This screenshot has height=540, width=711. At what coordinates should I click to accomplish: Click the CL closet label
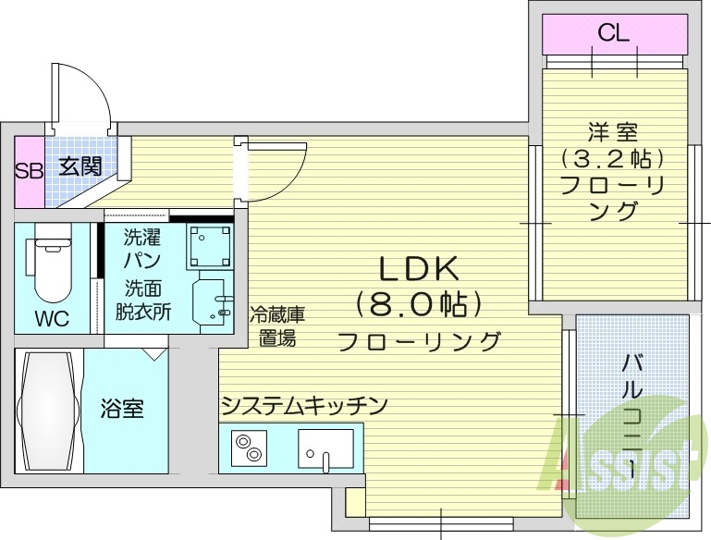pyautogui.click(x=613, y=34)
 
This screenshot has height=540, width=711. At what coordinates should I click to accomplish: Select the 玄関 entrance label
pyautogui.click(x=81, y=167)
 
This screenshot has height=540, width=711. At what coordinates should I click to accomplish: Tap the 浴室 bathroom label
pyautogui.click(x=122, y=408)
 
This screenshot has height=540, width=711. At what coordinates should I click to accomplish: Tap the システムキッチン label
pyautogui.click(x=303, y=405)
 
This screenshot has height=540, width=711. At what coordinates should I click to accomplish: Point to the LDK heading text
pyautogui.click(x=418, y=268)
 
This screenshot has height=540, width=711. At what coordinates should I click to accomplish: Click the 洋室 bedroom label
pyautogui.click(x=613, y=132)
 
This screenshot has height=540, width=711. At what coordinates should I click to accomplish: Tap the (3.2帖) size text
pyautogui.click(x=613, y=158)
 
